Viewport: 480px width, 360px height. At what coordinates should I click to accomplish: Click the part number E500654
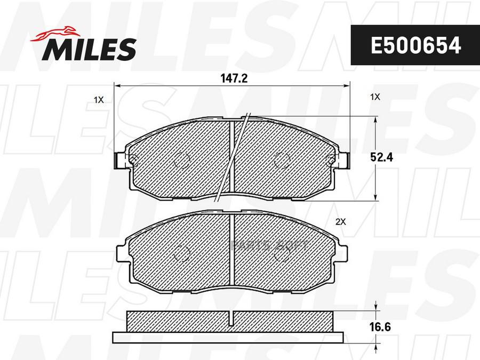(x=415, y=45)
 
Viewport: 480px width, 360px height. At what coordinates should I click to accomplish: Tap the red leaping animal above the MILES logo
(x=53, y=34)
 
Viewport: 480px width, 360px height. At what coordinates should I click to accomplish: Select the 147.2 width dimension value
(x=234, y=79)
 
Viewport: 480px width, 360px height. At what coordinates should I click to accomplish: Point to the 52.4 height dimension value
(x=381, y=157)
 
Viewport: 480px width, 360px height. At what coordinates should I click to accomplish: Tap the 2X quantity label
(x=340, y=222)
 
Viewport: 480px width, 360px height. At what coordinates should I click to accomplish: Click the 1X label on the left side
(x=99, y=100)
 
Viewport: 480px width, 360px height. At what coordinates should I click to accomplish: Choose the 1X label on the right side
(x=375, y=97)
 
